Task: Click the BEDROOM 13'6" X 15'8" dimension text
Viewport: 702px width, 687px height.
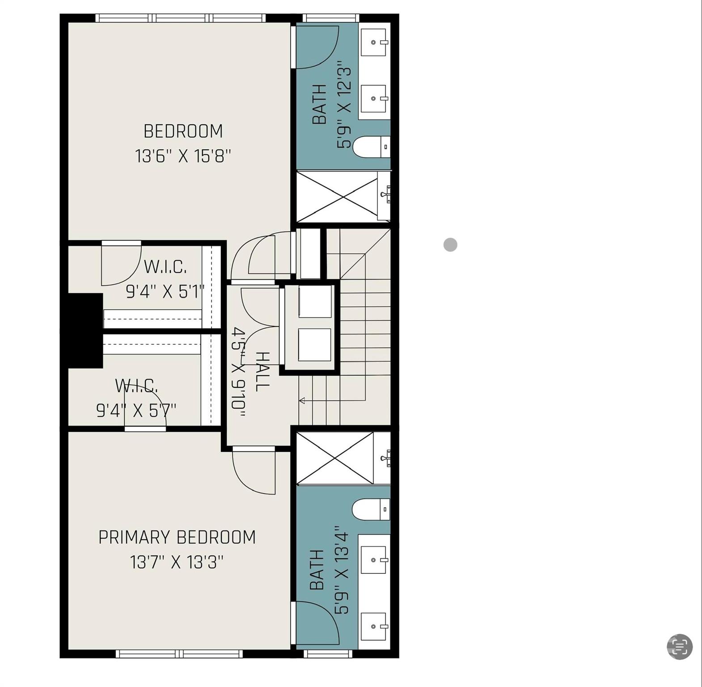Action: coord(183,157)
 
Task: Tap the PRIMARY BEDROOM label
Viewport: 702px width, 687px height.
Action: coord(177,537)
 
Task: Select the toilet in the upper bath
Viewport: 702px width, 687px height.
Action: coord(371,147)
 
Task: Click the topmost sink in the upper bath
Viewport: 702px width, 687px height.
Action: coord(373,42)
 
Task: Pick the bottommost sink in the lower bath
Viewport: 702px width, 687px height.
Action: coord(373,626)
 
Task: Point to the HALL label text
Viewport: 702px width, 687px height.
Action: coord(262,371)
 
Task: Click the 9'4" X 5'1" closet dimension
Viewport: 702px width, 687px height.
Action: coord(165,292)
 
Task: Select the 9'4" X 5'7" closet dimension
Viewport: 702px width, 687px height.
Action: coord(136,410)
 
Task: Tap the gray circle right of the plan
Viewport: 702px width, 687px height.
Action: coord(450,245)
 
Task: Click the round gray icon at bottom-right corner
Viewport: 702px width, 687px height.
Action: coord(680,646)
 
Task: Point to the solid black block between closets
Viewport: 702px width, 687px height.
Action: coord(85,331)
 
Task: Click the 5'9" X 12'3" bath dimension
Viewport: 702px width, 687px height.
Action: coord(344,107)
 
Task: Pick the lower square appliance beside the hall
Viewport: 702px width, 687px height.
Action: coord(315,344)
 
